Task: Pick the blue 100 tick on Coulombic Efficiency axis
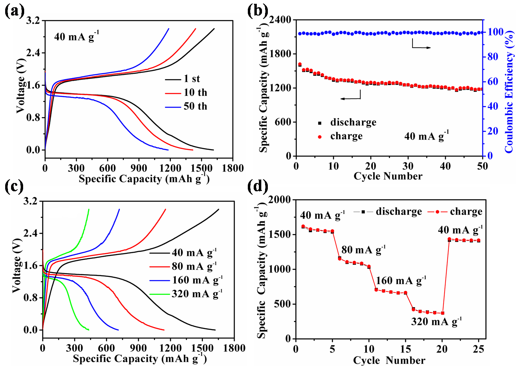tap(495, 32)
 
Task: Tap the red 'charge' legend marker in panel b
tap(320, 137)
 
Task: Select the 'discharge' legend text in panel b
tap(353, 122)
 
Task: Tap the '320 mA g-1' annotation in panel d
tap(436, 322)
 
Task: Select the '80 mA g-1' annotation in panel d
tap(363, 250)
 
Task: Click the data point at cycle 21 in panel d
tap(449, 239)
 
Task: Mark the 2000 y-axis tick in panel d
tap(280, 200)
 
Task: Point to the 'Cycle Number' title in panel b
tap(388, 176)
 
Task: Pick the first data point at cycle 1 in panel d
tap(303, 227)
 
